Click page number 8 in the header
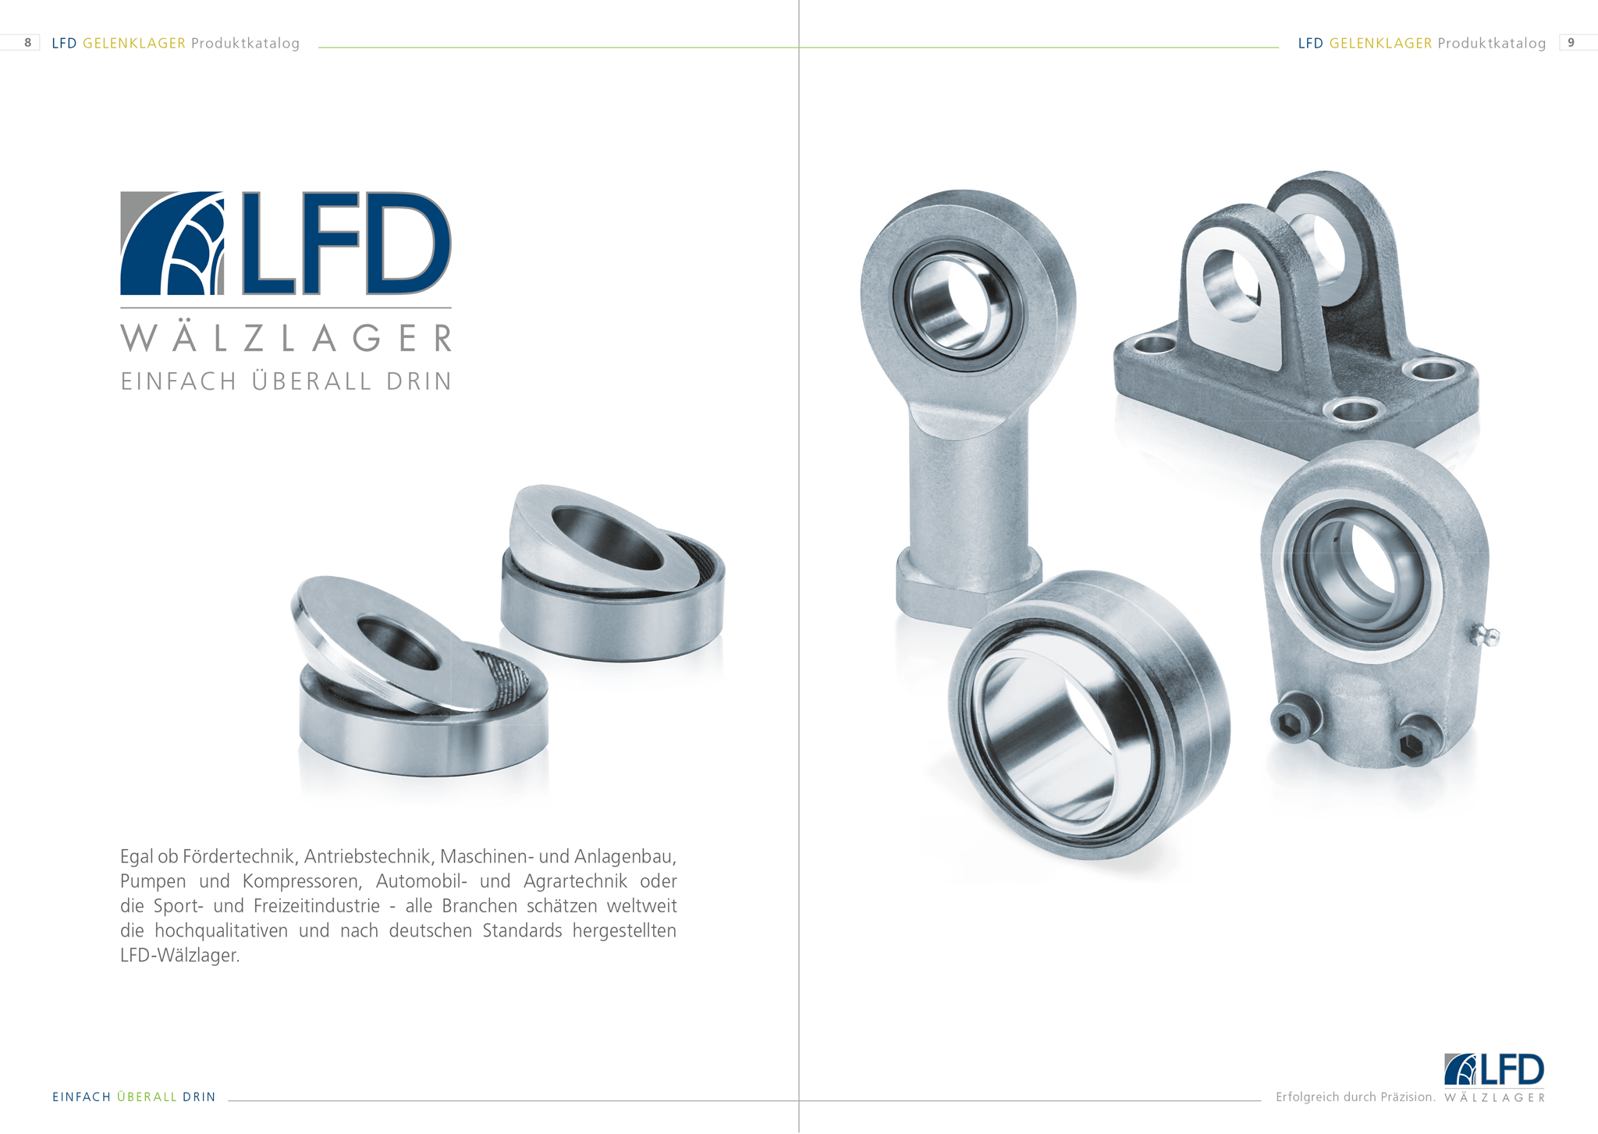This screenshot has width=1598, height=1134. pos(28,43)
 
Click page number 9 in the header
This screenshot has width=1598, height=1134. pos(1571,43)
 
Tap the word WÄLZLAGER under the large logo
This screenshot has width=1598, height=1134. pos(286,339)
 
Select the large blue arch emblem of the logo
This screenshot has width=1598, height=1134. pos(172,244)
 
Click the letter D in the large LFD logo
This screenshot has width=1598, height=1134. pos(407,244)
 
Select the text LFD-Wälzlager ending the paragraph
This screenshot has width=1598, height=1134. pos(179,955)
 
